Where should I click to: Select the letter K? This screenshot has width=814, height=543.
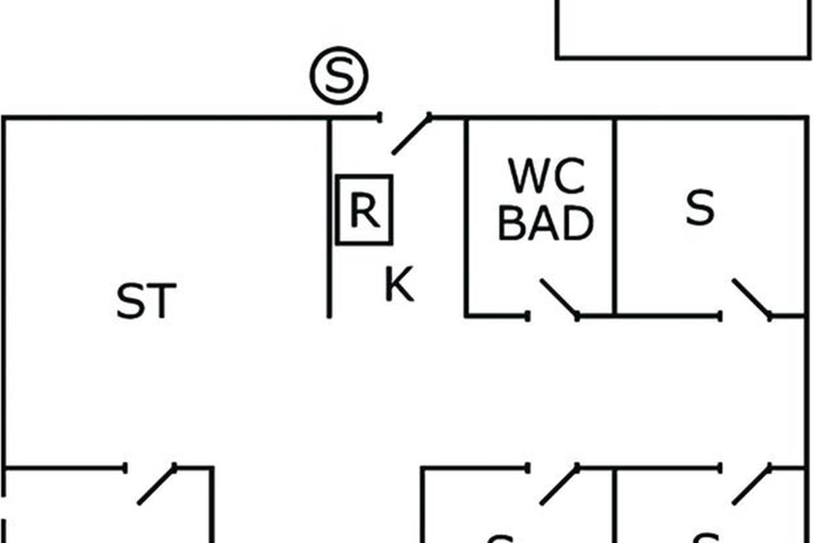[x=399, y=285]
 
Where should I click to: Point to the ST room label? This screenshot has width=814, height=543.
[x=146, y=301]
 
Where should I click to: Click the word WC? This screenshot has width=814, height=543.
[x=547, y=178]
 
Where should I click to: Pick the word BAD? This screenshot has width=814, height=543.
[x=545, y=224]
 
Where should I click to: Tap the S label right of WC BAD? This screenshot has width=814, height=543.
[x=699, y=208]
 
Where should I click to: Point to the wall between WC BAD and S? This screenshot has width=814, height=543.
[x=615, y=217]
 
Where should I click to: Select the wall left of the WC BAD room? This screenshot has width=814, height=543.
[x=467, y=217]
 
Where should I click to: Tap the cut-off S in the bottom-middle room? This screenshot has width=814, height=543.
[x=500, y=539]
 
